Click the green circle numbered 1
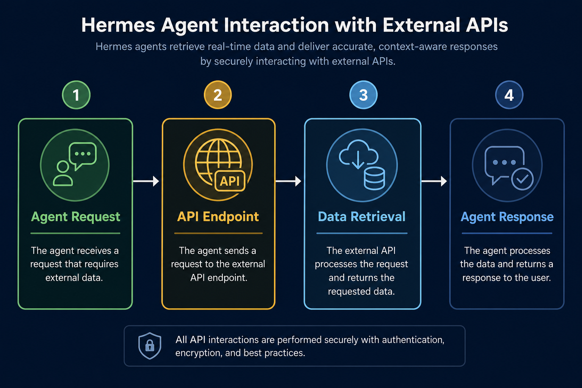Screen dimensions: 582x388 [76, 95]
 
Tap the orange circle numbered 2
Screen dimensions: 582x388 [218, 95]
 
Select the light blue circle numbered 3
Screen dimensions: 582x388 [363, 95]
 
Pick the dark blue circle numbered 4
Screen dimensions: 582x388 [509, 95]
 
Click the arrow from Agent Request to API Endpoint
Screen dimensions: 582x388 [146, 181]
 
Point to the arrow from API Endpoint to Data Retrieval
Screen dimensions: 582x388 [288, 181]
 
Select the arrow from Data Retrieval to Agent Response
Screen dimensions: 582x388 [434, 181]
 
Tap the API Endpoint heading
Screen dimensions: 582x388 [218, 216]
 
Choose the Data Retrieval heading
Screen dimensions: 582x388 [362, 216]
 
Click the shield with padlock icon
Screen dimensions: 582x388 [150, 346]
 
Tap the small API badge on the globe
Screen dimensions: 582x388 [230, 181]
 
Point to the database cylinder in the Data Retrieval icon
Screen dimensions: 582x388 [374, 178]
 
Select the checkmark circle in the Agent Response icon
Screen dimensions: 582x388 [522, 179]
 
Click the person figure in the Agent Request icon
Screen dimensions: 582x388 [63, 173]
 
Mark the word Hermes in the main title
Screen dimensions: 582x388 [118, 25]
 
